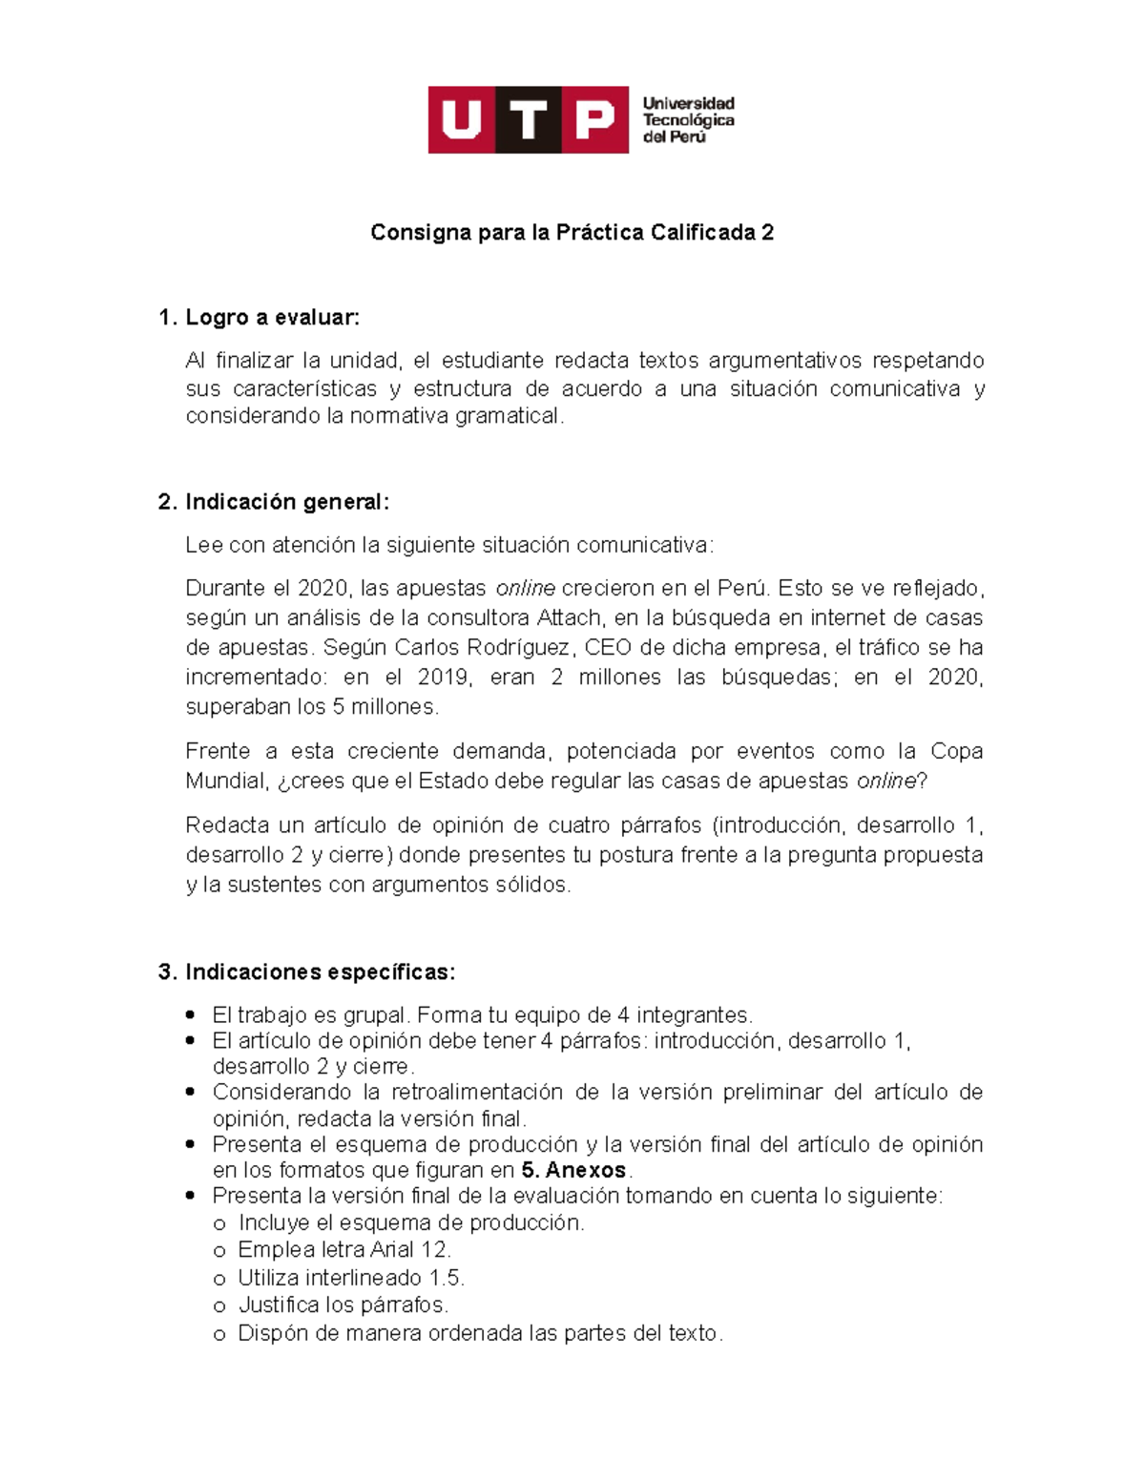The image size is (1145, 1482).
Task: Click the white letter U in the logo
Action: (461, 120)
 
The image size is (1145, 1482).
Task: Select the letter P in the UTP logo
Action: (594, 120)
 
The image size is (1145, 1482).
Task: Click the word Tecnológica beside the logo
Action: (688, 120)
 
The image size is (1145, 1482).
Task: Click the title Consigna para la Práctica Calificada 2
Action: (572, 233)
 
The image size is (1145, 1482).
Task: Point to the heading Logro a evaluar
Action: (273, 318)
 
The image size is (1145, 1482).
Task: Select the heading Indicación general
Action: (287, 502)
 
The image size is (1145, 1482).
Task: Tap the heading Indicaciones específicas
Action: (320, 972)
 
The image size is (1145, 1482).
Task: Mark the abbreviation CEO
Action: (607, 647)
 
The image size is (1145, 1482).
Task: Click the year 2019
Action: (444, 678)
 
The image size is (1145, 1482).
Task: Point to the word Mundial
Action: (226, 781)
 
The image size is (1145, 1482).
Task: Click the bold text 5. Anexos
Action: (573, 1170)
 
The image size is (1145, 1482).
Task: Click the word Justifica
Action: (278, 1305)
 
